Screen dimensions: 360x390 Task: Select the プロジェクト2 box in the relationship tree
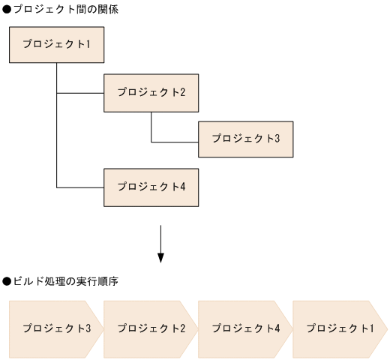tap(151, 92)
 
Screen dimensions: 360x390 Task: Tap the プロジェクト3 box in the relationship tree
tap(245, 139)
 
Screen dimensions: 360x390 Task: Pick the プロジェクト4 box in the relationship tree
tap(151, 187)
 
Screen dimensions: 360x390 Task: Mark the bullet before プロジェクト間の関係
tap(6, 9)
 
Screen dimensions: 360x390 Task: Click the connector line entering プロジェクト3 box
tap(174, 141)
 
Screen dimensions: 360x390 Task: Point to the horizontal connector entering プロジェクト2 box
tap(80, 93)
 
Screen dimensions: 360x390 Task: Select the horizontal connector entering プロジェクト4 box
tap(80, 187)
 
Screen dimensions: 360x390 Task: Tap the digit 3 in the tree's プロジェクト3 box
tap(277, 139)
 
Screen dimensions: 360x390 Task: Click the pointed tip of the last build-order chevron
tap(385, 328)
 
